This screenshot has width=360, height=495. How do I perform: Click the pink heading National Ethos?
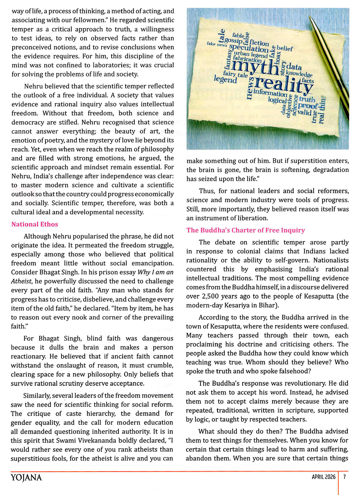(x=35, y=224)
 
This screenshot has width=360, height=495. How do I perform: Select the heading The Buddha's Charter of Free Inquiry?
(x=246, y=230)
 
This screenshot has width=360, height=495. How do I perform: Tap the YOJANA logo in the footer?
(x=26, y=477)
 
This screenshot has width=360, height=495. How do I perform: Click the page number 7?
(x=345, y=477)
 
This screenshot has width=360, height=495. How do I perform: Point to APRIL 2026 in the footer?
(x=323, y=477)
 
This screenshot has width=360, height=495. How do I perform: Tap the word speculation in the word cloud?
(x=249, y=48)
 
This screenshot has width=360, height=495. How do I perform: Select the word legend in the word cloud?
(x=225, y=79)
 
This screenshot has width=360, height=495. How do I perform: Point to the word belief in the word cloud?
(x=285, y=48)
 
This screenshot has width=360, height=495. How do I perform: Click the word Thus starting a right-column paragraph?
(x=207, y=191)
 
